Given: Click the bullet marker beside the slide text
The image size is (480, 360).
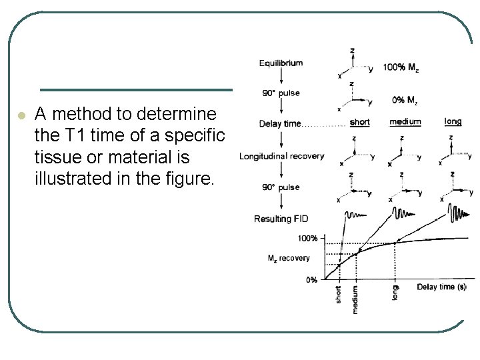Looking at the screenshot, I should click(x=21, y=115).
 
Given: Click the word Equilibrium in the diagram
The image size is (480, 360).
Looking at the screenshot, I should click(x=281, y=63).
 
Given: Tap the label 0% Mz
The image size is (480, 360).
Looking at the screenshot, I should click(x=405, y=101).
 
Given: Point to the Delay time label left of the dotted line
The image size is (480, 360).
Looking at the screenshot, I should click(x=280, y=123).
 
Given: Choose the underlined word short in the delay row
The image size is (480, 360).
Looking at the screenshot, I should click(x=359, y=122).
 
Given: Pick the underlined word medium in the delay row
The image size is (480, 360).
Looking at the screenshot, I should click(x=406, y=122).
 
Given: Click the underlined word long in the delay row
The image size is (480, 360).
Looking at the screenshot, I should click(x=453, y=121).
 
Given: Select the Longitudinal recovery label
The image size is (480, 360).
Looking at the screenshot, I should click(x=281, y=157).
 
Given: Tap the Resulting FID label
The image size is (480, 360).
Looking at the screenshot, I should click(x=281, y=219).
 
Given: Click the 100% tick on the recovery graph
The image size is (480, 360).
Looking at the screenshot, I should click(x=307, y=238).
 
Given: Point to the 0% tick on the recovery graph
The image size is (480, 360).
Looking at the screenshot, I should click(x=311, y=279).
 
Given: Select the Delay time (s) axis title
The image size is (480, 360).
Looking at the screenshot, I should click(x=441, y=287).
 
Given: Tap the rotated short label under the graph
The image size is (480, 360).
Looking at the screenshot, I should click(x=338, y=294).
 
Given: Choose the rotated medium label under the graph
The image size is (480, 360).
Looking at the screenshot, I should click(x=355, y=299).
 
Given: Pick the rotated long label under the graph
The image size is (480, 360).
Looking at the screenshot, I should click(x=395, y=292).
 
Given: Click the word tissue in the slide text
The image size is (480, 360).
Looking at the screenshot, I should click(x=56, y=158).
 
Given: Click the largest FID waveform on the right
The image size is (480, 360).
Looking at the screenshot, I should click(x=459, y=216).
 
